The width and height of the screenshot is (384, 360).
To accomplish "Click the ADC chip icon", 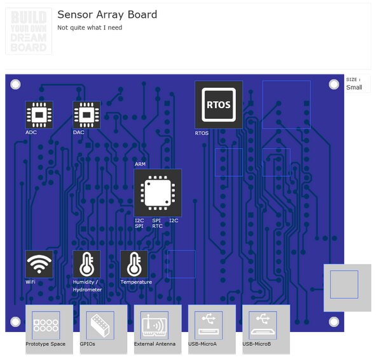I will [39, 115].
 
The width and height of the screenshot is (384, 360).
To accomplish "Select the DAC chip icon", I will [86, 115].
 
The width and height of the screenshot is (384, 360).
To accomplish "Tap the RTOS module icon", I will [219, 105].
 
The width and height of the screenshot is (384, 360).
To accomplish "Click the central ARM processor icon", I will [158, 193].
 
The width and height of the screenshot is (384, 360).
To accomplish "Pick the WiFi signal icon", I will [39, 264].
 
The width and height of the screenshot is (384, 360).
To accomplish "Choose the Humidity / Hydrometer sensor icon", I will [86, 264].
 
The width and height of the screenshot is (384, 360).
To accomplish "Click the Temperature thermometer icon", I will [134, 264].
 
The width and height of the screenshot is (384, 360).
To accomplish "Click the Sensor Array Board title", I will [107, 15].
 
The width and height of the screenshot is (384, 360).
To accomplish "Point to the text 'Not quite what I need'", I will [90, 28].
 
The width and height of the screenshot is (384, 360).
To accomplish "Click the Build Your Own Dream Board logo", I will [29, 31].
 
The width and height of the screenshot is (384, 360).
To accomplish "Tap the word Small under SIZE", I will [354, 88].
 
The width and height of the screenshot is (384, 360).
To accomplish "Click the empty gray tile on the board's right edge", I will [347, 287].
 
